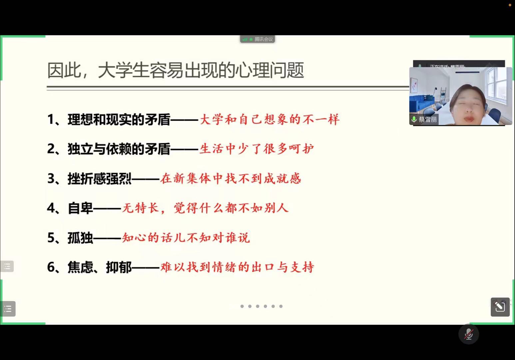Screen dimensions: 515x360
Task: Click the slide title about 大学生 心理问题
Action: coord(176,70)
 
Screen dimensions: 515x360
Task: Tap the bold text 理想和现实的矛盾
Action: coord(119,120)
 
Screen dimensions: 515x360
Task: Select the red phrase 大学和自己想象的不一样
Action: coord(269,119)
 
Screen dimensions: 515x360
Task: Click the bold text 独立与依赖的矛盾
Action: coord(119,149)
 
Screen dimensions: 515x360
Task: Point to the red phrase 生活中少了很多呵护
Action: coord(257,149)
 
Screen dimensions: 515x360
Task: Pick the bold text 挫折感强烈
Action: coord(100,179)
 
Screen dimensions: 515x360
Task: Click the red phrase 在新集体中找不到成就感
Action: coord(231,178)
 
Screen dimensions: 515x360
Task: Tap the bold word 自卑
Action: coord(80,208)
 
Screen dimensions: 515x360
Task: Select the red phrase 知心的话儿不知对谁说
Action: coord(186,237)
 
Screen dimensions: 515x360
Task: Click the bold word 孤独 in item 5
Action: coord(80,238)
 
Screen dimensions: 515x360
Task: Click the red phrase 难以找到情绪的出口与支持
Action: coord(237,267)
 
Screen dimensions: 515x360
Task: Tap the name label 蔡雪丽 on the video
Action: coord(428,120)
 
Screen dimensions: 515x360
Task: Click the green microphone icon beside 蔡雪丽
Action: coord(414,119)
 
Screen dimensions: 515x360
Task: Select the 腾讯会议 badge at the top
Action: coord(257,39)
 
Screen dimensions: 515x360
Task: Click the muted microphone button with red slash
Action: coord(469,334)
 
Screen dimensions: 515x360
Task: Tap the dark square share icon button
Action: coord(500,307)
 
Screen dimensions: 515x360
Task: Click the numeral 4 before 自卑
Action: coord(51,208)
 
